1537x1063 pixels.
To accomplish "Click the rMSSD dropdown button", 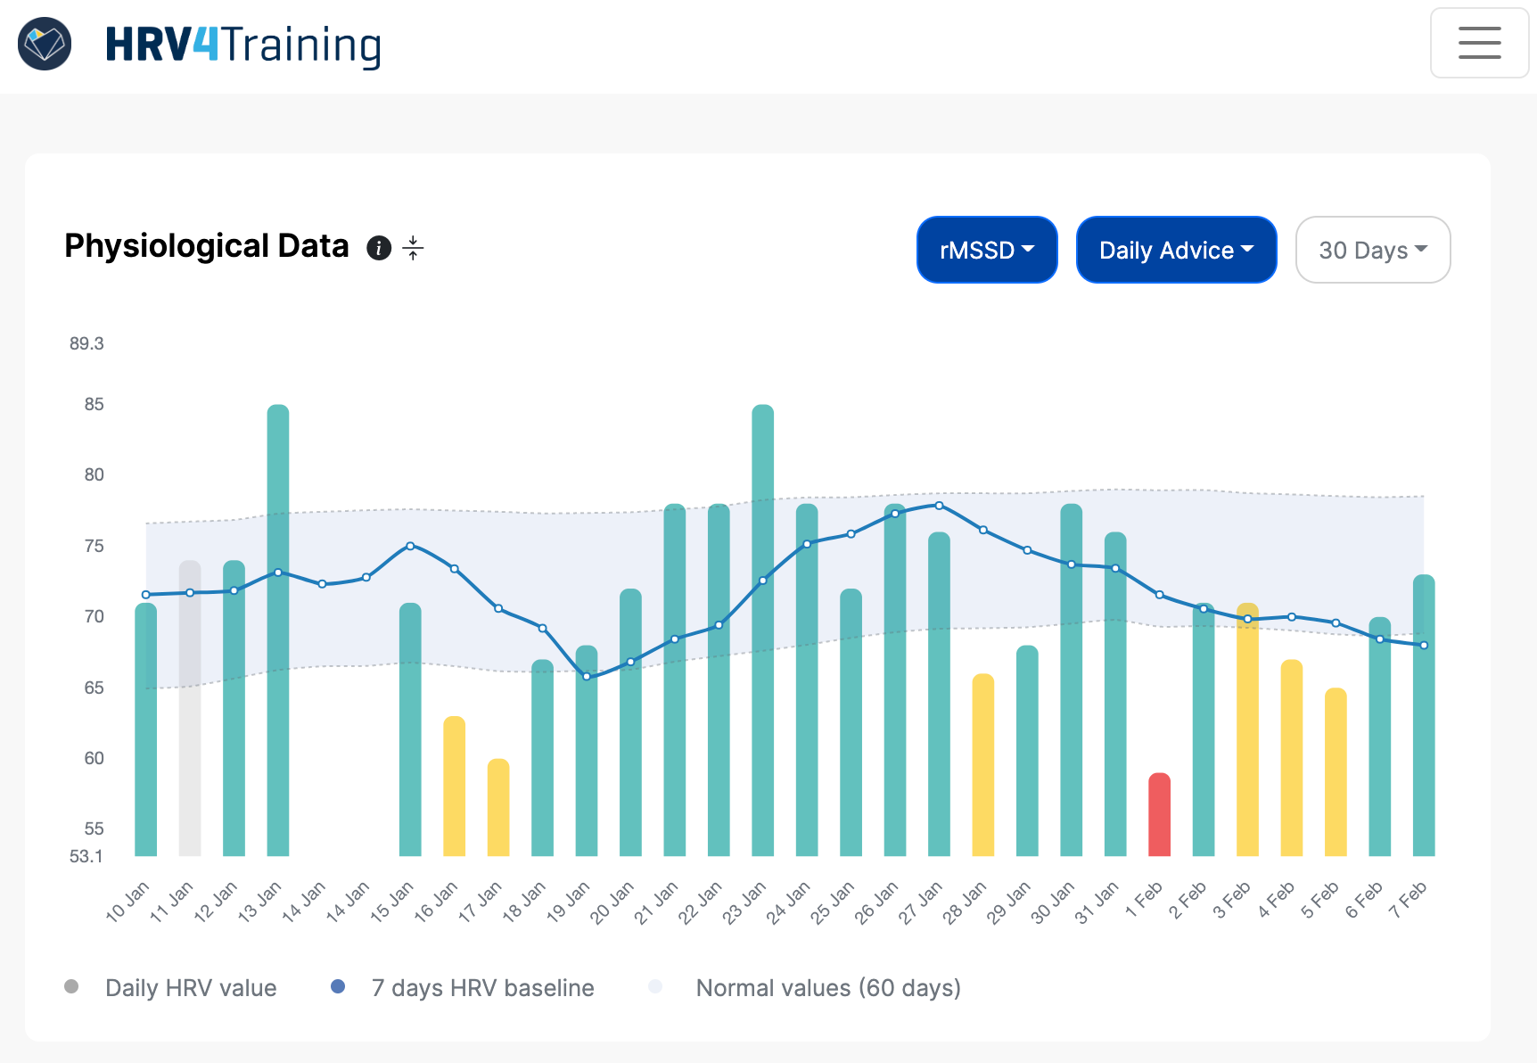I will pyautogui.click(x=987, y=250).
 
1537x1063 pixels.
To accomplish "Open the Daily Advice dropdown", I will pyautogui.click(x=1176, y=250).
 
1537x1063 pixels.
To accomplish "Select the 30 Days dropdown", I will pyautogui.click(x=1372, y=250).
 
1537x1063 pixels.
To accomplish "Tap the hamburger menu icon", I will pyautogui.click(x=1479, y=43).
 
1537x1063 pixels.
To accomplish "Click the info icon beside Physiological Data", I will pyautogui.click(x=379, y=248).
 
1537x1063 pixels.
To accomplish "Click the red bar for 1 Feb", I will pyautogui.click(x=1159, y=815).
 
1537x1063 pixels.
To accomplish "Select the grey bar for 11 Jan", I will pyautogui.click(x=190, y=709).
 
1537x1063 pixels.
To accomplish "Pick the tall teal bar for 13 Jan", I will pyautogui.click(x=278, y=630).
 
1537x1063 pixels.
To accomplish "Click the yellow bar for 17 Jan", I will pyautogui.click(x=498, y=808).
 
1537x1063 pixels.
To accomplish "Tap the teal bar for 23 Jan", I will pyautogui.click(x=763, y=630).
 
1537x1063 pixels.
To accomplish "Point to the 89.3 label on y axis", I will pyautogui.click(x=86, y=343).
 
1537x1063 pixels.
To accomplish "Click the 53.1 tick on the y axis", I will pyautogui.click(x=86, y=856).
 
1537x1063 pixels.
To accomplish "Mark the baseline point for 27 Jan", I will pyautogui.click(x=939, y=506).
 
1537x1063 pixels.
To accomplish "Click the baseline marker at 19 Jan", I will pyautogui.click(x=587, y=677).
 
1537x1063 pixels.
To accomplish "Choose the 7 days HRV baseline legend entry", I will pyautogui.click(x=481, y=988).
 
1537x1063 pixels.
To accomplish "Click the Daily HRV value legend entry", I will pyautogui.click(x=190, y=988).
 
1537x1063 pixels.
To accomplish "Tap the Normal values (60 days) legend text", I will pyautogui.click(x=827, y=988).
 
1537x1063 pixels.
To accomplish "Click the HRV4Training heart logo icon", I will pyautogui.click(x=45, y=44).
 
